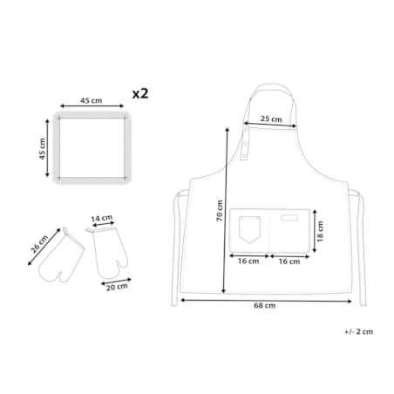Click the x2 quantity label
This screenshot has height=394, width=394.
[x=140, y=94]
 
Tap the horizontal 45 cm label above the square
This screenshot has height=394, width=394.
[x=92, y=100]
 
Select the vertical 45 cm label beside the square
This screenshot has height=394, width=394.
[x=43, y=149]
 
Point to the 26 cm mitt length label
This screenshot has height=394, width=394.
[x=39, y=244]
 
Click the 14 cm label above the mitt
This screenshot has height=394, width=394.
[x=102, y=218]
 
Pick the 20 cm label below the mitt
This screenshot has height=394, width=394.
[x=117, y=287]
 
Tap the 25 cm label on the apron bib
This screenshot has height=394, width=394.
[x=271, y=119]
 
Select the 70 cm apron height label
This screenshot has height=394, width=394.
[x=220, y=211]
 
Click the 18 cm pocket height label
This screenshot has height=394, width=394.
[x=320, y=232]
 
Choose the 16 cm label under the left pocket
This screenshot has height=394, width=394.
[x=248, y=261]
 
